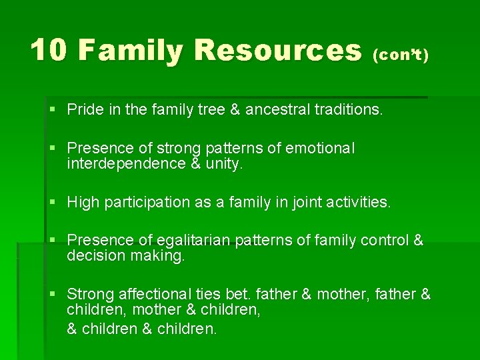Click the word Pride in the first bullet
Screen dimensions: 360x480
coord(84,109)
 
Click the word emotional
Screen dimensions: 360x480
coord(320,148)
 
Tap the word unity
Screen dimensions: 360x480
coord(225,163)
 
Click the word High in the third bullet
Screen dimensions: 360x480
coord(83,202)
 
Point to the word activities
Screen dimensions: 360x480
coord(357,202)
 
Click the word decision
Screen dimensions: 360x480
coord(94,255)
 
